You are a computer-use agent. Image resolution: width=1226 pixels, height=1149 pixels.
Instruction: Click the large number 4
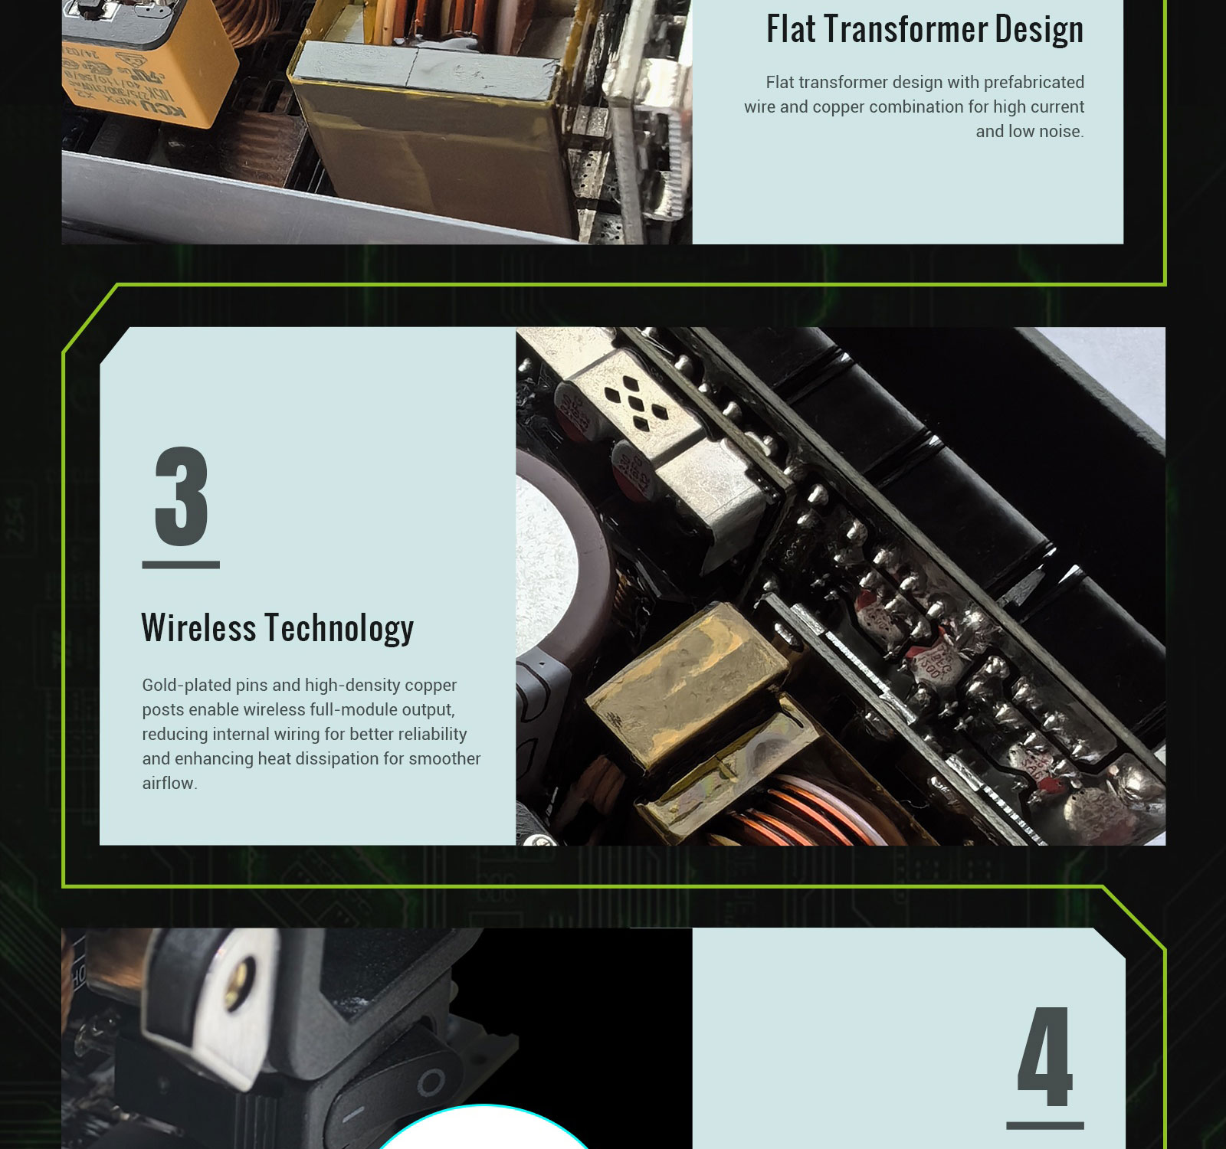click(x=1045, y=1056)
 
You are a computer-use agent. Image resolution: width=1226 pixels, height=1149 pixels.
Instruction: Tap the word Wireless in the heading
click(x=198, y=627)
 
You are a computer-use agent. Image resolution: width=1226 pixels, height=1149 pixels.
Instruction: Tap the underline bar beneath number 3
click(x=181, y=565)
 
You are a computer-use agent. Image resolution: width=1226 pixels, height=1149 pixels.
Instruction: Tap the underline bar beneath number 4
click(x=1045, y=1125)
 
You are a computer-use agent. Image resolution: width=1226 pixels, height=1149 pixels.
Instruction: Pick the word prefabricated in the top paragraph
click(x=1034, y=83)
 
